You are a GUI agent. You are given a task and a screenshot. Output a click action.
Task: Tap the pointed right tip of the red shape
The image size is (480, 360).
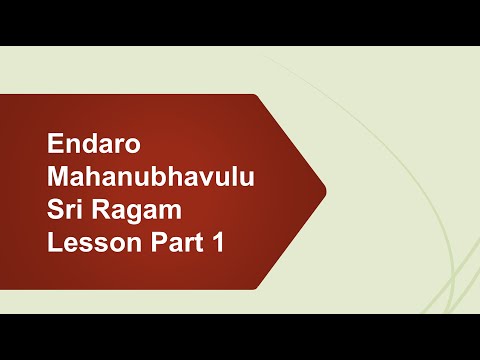click(325, 190)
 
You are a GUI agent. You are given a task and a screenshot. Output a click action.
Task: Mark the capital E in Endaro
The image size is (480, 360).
click(55, 144)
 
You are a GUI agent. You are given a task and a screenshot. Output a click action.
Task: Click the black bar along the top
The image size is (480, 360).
click(240, 22)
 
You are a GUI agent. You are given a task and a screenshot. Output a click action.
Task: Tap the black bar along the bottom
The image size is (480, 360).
click(240, 337)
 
